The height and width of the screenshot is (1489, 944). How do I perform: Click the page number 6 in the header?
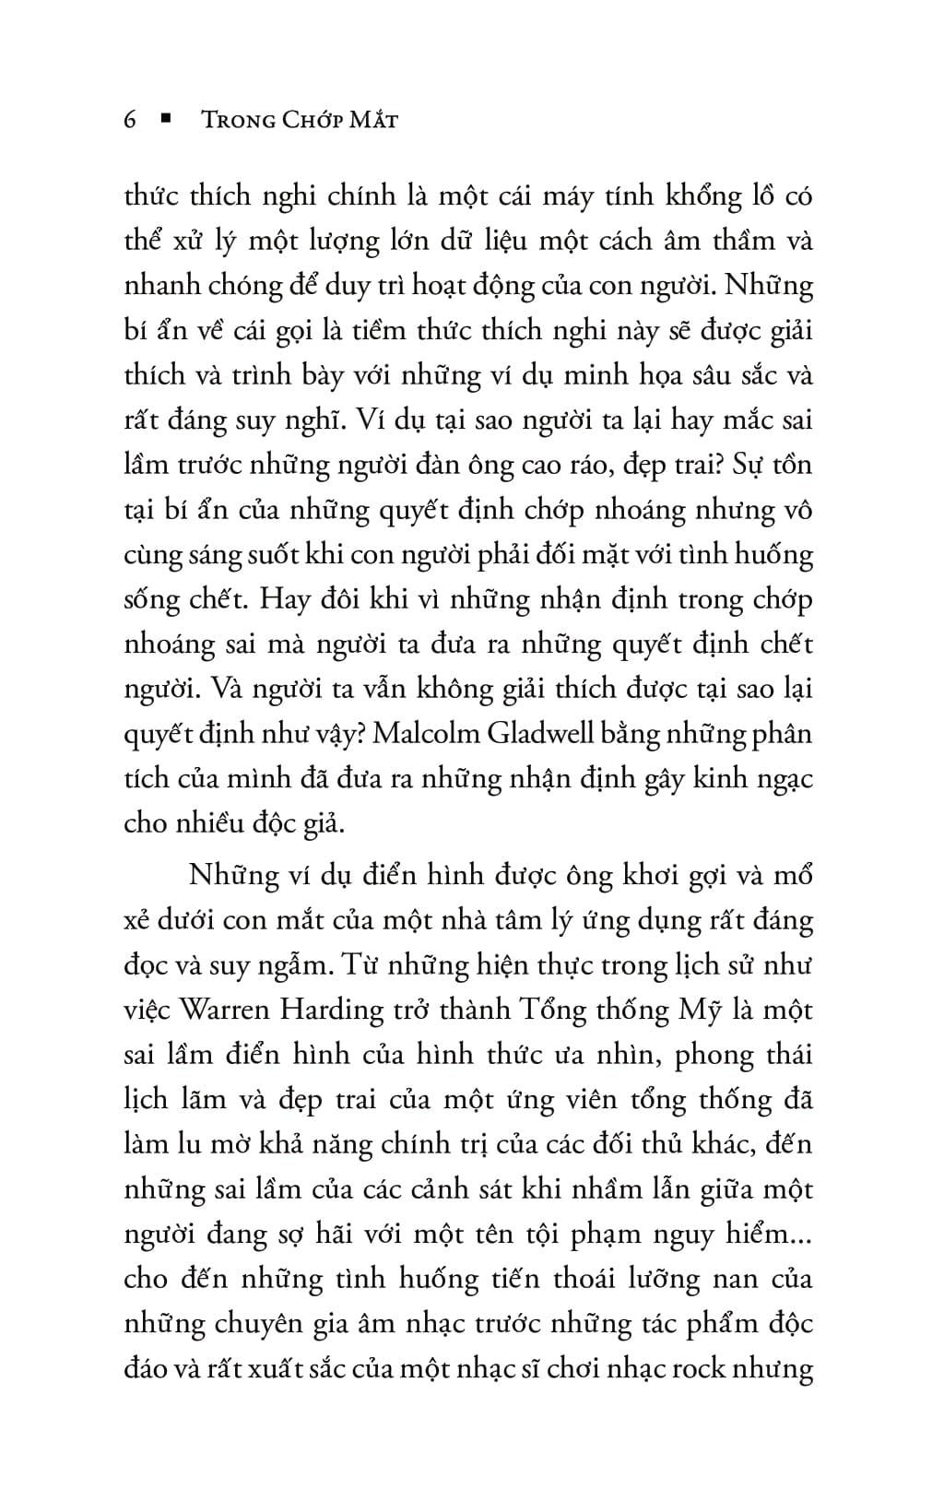(x=130, y=120)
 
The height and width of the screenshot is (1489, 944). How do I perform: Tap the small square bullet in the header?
(x=166, y=119)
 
